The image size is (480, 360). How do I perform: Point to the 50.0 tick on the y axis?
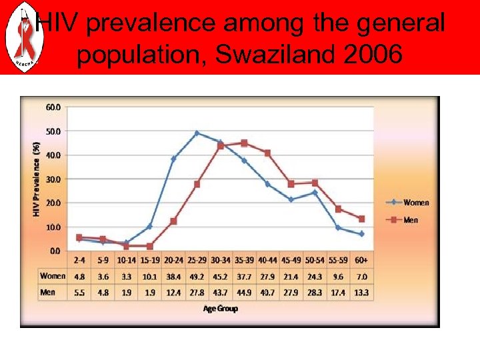[x=52, y=131]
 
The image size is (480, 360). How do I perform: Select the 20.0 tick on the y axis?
[x=52, y=203]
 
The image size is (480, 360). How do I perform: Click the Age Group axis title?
[x=221, y=309]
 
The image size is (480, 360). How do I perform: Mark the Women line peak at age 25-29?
[x=197, y=133]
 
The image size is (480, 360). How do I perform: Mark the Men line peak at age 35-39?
[x=244, y=143]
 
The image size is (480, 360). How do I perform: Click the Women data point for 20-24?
[x=173, y=159]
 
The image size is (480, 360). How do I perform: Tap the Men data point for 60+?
[x=361, y=219]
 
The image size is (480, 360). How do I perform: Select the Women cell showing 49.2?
[x=197, y=276]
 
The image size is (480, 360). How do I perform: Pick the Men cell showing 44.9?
[x=244, y=292]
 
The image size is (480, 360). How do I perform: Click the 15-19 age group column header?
[x=150, y=260]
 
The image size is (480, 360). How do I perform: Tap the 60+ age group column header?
[x=361, y=260]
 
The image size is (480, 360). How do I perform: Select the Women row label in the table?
[x=53, y=276]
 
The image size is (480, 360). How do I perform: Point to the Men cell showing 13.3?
[x=361, y=292]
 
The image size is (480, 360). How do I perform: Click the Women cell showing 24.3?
[x=315, y=276]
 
